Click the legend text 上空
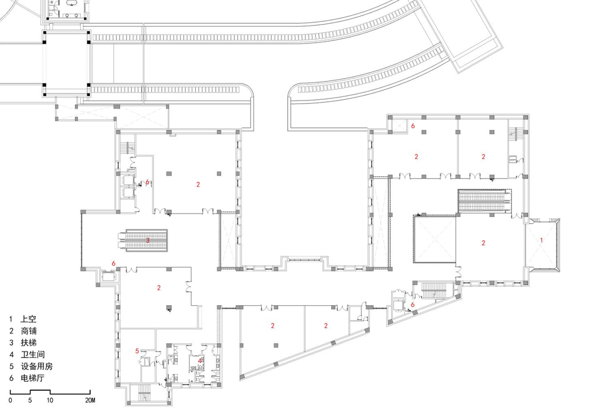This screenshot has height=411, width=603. [28, 319]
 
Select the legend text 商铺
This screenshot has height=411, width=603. [28, 331]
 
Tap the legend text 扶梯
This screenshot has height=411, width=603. [28, 343]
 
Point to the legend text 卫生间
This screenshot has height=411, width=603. [32, 354]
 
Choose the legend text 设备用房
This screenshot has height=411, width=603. [36, 366]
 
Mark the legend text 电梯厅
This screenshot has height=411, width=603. [32, 378]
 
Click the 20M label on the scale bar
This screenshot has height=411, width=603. [90, 400]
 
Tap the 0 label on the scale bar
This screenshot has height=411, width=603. [10, 400]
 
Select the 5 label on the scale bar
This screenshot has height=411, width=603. [30, 400]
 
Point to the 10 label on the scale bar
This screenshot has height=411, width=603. [50, 400]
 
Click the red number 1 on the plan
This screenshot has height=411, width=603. [542, 240]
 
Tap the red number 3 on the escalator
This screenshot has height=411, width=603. [147, 240]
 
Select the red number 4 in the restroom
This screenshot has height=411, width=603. [200, 360]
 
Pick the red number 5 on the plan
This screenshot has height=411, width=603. [137, 351]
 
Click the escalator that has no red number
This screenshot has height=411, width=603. [484, 200]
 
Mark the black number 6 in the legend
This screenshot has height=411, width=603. [11, 378]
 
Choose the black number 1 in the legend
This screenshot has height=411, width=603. [11, 319]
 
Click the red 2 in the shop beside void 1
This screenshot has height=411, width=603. [483, 243]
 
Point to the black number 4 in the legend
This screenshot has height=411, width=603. [11, 354]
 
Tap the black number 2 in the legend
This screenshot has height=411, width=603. [11, 331]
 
